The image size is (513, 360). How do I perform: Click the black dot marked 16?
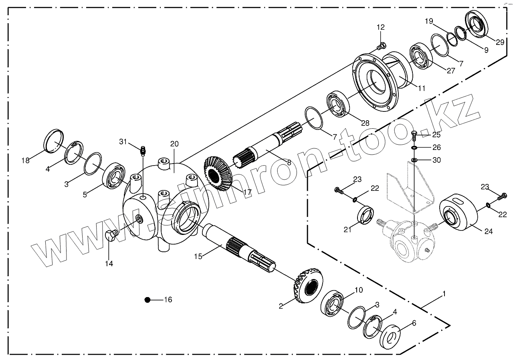tap(147, 300)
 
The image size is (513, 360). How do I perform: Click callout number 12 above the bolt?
tap(380, 27)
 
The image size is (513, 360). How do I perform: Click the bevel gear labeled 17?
tap(218, 173)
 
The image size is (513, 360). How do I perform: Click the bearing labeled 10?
tap(333, 304)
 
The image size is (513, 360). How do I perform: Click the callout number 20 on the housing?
tap(174, 144)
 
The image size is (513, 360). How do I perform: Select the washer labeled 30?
tap(414, 161)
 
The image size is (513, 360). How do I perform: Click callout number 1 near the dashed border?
tap(443, 294)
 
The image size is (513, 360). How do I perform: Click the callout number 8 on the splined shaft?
tap(289, 162)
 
